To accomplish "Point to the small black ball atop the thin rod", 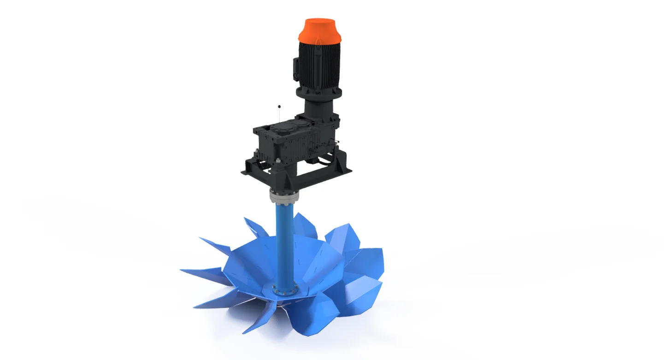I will pyautogui.click(x=279, y=107).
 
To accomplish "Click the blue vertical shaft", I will pyautogui.click(x=282, y=244).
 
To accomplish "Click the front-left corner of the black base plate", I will pyautogui.click(x=244, y=172).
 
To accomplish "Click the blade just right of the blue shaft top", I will pyautogui.click(x=304, y=224).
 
